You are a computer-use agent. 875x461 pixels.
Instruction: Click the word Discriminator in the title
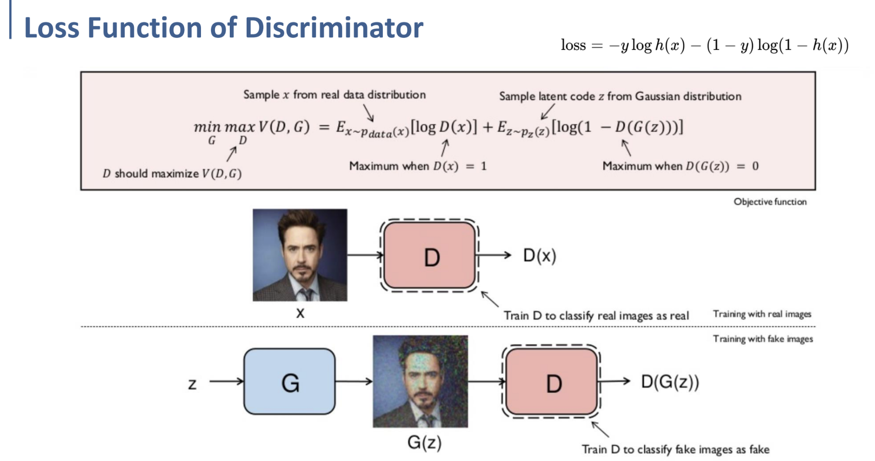coord(334,28)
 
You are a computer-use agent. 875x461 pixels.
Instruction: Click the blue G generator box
coord(289,382)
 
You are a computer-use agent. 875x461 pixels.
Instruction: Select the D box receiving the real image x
coord(430,256)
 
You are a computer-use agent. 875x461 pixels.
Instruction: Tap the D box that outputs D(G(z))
coord(552,382)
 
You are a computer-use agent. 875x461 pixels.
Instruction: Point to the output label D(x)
coord(539,256)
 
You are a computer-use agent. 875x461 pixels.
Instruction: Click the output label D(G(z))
coord(670,382)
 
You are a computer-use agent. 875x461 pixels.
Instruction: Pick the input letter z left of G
coord(192,384)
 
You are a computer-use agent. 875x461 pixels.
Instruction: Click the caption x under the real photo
coord(300,313)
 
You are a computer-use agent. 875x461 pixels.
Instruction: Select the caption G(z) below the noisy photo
coord(424,442)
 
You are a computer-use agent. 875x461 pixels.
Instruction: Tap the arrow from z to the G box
coord(226,382)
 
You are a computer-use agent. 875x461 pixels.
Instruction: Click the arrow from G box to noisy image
coord(354,382)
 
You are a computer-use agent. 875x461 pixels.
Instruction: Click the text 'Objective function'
coord(769,202)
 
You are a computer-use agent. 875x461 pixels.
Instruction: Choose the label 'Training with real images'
coord(762,314)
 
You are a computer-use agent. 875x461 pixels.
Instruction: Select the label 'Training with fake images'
coord(763,339)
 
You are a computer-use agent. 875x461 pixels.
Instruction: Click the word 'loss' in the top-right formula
coord(573,45)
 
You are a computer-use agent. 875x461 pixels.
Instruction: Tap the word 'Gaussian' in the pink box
coord(656,97)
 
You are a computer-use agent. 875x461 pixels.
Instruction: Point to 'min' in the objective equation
coord(207,127)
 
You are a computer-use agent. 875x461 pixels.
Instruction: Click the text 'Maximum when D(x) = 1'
coord(418,166)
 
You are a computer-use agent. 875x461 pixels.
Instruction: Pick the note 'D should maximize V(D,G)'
coord(172,174)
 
